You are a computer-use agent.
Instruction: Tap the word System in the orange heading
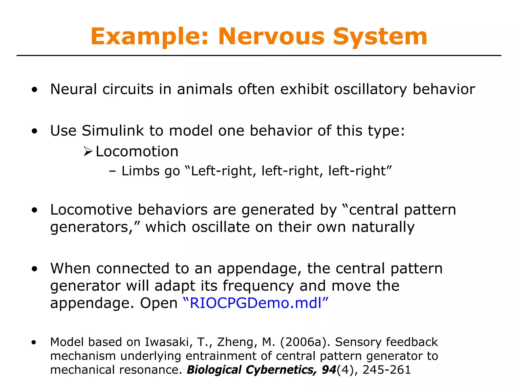(x=380, y=37)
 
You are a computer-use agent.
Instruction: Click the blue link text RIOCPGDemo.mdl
(x=255, y=303)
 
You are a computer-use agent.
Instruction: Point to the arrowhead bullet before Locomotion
(x=88, y=152)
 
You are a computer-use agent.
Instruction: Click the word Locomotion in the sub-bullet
(x=137, y=152)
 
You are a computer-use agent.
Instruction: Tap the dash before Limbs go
(x=112, y=171)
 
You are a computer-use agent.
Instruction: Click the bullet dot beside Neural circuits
(x=35, y=90)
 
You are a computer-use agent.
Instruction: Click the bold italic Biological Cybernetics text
(x=252, y=370)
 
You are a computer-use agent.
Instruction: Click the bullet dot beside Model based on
(x=34, y=343)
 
